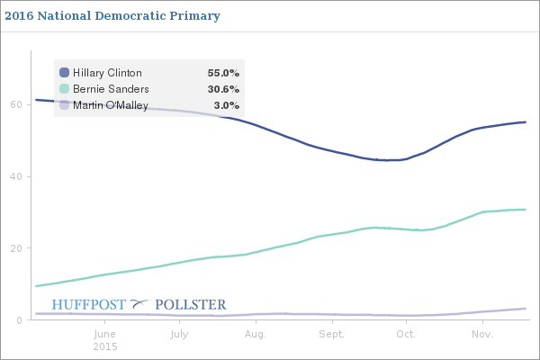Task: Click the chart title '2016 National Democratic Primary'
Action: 112,16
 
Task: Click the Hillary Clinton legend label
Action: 107,73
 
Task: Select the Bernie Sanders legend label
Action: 111,89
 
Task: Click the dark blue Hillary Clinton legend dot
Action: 64,73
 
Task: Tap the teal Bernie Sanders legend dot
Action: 64,89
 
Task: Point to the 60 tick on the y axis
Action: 15,104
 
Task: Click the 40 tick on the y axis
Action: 15,176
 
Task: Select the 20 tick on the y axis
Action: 15,248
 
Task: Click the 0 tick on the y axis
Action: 19,320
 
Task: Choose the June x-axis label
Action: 105,334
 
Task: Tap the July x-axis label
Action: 179,334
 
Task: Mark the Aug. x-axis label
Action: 256,334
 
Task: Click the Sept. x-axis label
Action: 332,334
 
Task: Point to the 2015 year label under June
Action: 105,346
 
